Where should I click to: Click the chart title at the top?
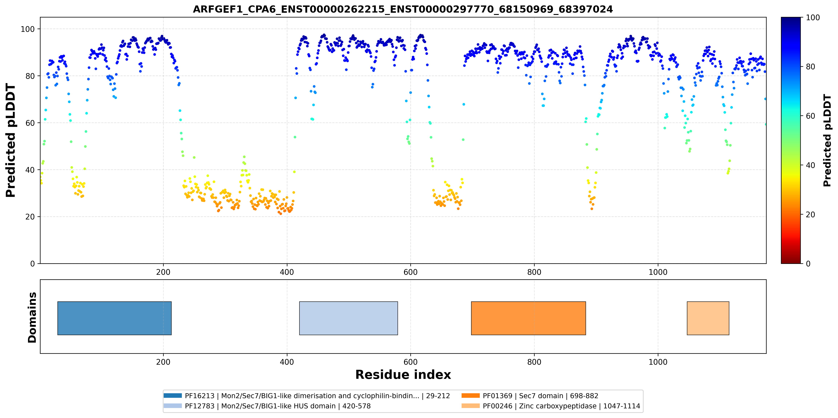(403, 9)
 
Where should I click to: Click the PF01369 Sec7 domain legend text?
(540, 396)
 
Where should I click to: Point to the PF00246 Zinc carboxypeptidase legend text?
(561, 406)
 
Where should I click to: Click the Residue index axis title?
(403, 375)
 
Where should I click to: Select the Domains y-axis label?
(32, 317)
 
